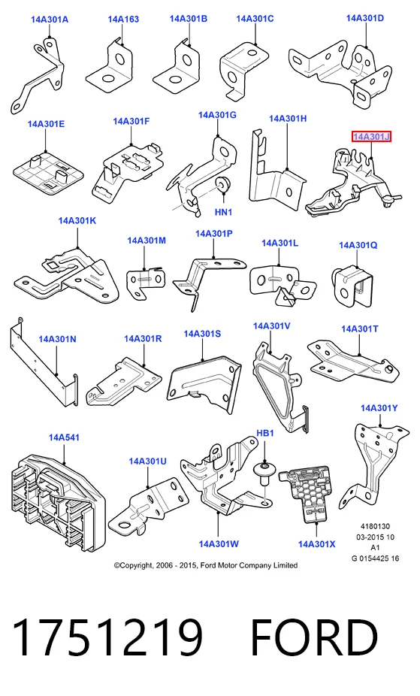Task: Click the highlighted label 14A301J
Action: pyautogui.click(x=371, y=137)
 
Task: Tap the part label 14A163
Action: pyautogui.click(x=123, y=19)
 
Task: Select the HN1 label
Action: pyautogui.click(x=224, y=212)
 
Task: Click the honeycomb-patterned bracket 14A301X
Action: pyautogui.click(x=307, y=492)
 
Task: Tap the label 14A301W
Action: pyautogui.click(x=219, y=543)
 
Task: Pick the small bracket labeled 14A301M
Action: pyautogui.click(x=144, y=281)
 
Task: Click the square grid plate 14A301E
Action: pyautogui.click(x=48, y=172)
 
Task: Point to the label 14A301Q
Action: pyautogui.click(x=358, y=245)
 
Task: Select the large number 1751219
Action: pyautogui.click(x=107, y=637)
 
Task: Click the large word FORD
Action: pyautogui.click(x=314, y=637)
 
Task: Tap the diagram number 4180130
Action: pyautogui.click(x=375, y=526)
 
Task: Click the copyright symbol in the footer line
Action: pyautogui.click(x=117, y=565)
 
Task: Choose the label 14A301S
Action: pyautogui.click(x=202, y=334)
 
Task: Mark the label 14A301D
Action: pyautogui.click(x=365, y=18)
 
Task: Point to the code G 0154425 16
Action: pyautogui.click(x=375, y=558)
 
